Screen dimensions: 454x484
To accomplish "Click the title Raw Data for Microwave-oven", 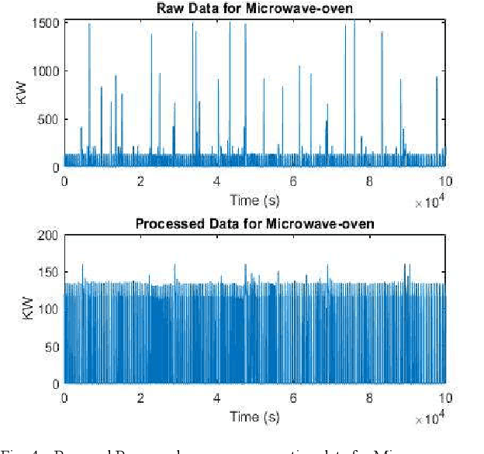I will click(254, 9).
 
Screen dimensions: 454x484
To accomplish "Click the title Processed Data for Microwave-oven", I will click(254, 224).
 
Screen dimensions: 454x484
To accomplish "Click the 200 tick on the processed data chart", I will click(50, 236).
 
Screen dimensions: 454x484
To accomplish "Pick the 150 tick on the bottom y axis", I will click(50, 273).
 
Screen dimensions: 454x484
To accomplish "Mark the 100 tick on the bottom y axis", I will click(50, 309).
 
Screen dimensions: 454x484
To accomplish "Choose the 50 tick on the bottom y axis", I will click(53, 346).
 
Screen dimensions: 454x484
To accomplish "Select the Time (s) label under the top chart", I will click(254, 200).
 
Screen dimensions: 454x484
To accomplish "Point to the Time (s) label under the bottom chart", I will click(254, 416).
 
